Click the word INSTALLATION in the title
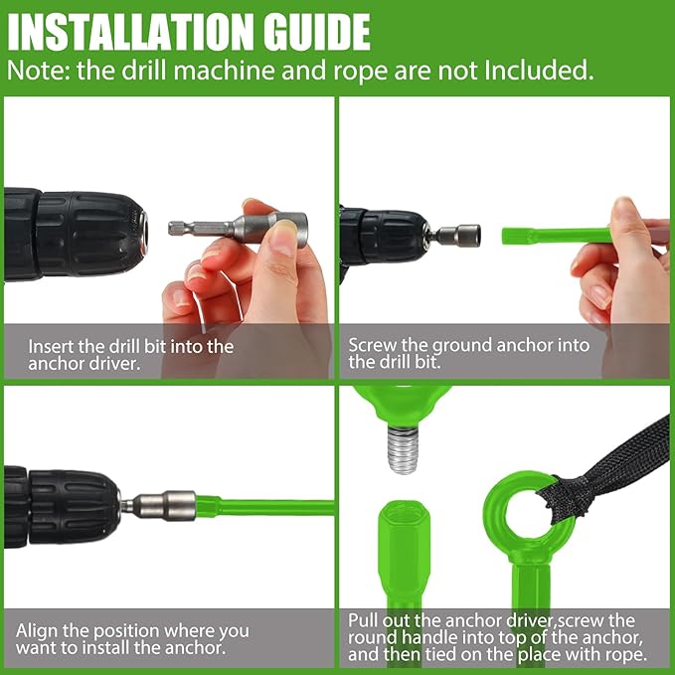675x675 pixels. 132,32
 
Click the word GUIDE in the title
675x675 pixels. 317,32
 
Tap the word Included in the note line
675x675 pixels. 539,71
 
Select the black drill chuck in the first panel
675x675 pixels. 74,235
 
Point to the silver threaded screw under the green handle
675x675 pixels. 403,449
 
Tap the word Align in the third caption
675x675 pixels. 36,631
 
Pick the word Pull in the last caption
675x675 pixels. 363,620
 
